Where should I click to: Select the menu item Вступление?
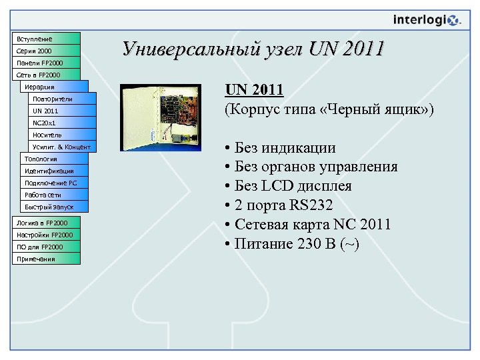click(47, 39)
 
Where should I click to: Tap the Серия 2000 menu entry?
click(47, 51)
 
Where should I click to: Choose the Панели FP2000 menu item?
click(47, 63)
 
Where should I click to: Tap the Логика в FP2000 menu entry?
click(47, 223)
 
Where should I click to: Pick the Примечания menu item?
click(47, 259)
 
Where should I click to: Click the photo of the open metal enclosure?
click(160, 117)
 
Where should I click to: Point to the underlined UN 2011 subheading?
click(255, 89)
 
